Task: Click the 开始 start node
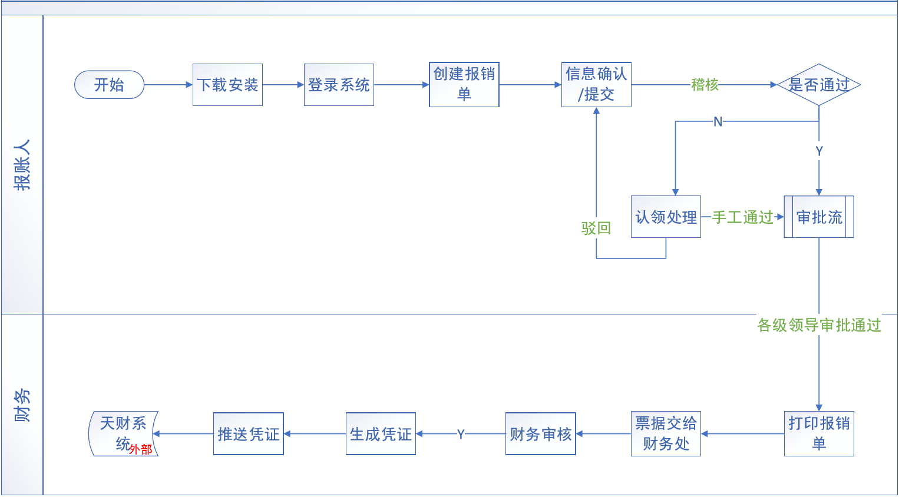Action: tap(109, 85)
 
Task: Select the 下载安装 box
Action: tap(227, 85)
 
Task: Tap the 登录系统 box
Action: tap(339, 85)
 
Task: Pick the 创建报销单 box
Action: tap(464, 84)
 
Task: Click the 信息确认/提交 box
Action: tap(596, 84)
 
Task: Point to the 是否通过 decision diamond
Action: tap(819, 85)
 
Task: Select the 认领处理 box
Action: tap(666, 217)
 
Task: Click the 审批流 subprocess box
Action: tap(819, 217)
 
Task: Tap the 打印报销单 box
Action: tap(819, 433)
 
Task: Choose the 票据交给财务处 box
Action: tap(666, 433)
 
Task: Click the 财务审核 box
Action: tap(540, 433)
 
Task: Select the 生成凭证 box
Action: tap(381, 433)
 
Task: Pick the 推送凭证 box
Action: tap(248, 433)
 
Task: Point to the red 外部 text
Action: tap(141, 449)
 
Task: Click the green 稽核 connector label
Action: tap(705, 85)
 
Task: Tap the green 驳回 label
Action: tap(596, 228)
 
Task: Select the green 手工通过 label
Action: tap(742, 217)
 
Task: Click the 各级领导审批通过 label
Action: tap(819, 325)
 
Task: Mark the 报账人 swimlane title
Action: tap(22, 165)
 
